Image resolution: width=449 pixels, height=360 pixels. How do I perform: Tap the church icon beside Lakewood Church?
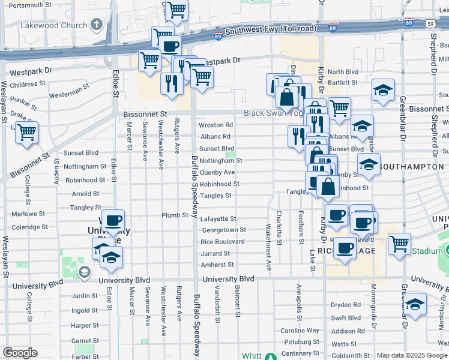point(97,25)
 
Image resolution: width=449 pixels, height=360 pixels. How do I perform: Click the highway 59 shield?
point(430,24)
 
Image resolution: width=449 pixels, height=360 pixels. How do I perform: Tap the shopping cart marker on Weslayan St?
point(26,133)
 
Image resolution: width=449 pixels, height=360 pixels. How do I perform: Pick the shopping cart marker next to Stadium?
point(399,244)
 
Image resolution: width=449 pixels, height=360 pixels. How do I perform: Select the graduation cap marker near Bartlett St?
point(383,90)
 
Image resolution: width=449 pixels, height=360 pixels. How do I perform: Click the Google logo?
point(20,353)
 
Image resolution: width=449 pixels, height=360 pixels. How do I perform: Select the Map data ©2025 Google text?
point(411,355)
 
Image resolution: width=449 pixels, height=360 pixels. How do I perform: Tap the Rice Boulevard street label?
point(223,242)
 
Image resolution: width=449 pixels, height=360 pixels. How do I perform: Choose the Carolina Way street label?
point(300,331)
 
